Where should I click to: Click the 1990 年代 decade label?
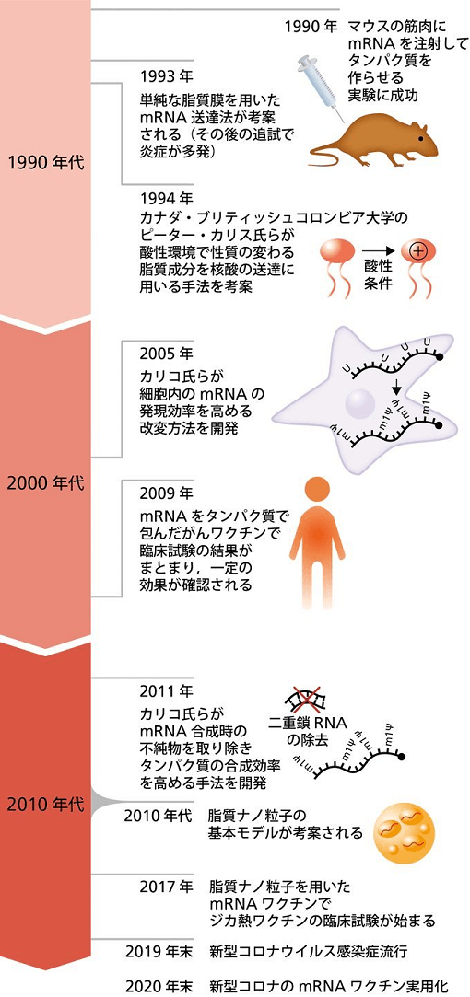click(46, 162)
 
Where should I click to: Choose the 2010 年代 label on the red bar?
click(46, 805)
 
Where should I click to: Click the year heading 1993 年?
click(167, 77)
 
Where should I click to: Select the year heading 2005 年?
click(167, 354)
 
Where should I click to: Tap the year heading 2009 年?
click(167, 493)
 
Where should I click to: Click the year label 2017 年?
click(166, 887)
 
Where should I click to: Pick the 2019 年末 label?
click(159, 952)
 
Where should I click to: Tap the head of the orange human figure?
click(316, 492)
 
